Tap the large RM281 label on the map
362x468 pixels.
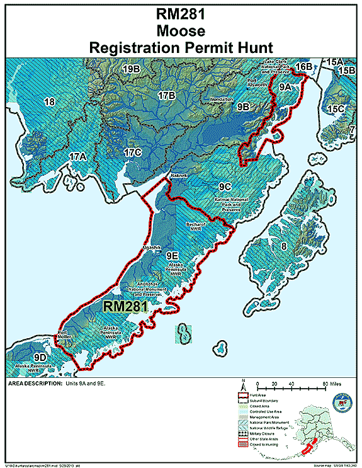(x=125, y=306)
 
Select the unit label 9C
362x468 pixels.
(x=225, y=187)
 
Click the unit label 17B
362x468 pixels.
(x=166, y=96)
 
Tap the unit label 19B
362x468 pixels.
(x=131, y=68)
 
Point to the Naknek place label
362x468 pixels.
(x=178, y=177)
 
